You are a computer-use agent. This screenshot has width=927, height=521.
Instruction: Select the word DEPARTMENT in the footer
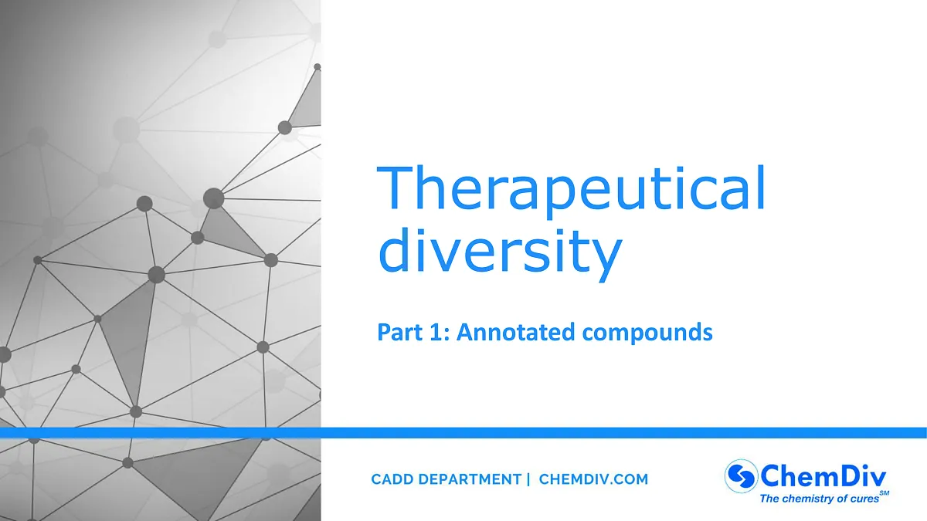(472, 479)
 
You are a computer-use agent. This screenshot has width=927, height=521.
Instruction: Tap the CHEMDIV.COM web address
(593, 479)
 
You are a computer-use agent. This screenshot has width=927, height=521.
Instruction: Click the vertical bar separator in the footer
(528, 479)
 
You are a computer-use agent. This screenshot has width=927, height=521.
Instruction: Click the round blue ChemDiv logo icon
(740, 475)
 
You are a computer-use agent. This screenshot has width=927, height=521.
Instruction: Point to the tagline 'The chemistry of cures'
(819, 499)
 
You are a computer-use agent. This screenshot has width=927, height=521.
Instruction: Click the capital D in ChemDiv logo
(846, 474)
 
